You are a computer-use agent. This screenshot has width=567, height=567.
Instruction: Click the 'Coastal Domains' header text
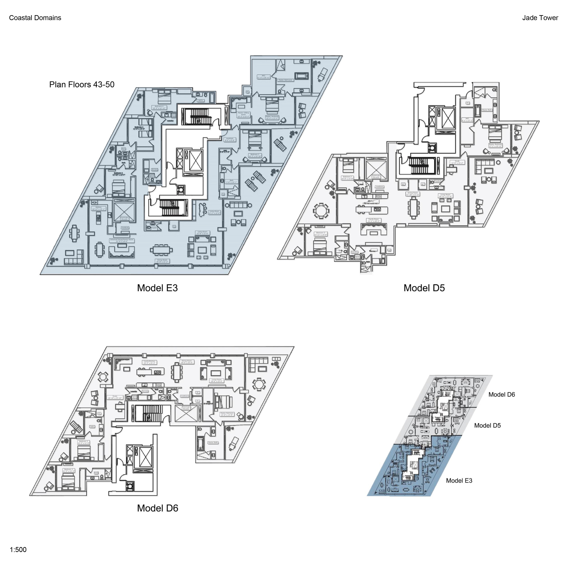point(35,18)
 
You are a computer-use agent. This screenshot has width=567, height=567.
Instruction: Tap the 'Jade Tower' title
point(540,18)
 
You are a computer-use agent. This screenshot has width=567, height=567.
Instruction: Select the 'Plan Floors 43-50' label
point(82,84)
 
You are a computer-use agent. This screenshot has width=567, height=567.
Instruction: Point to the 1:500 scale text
point(18,550)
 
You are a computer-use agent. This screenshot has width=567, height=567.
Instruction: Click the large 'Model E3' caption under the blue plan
point(157,288)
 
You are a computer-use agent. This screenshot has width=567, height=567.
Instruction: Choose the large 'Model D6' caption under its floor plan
point(157,508)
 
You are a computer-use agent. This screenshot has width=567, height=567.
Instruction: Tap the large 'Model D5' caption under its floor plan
point(424,288)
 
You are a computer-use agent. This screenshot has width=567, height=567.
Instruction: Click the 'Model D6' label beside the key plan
point(501,394)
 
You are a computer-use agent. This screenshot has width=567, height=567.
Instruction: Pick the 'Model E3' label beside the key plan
point(459,480)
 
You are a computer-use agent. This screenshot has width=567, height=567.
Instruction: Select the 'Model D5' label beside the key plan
point(487,425)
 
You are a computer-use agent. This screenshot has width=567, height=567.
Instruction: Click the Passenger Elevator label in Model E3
point(124,218)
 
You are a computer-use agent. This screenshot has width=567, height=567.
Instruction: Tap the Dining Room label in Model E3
point(163,261)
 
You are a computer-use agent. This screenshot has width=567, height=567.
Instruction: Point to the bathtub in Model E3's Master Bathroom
point(302,76)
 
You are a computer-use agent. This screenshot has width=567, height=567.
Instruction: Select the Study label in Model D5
point(457,162)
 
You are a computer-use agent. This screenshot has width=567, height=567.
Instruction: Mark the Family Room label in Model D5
point(374,220)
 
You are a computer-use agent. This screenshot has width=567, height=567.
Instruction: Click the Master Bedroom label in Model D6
point(227,414)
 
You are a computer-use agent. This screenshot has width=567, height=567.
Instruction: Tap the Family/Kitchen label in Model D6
point(149,362)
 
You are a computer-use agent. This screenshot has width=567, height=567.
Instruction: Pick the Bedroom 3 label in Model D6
point(69,471)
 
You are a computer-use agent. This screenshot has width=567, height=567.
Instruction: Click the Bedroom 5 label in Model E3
point(159,107)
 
